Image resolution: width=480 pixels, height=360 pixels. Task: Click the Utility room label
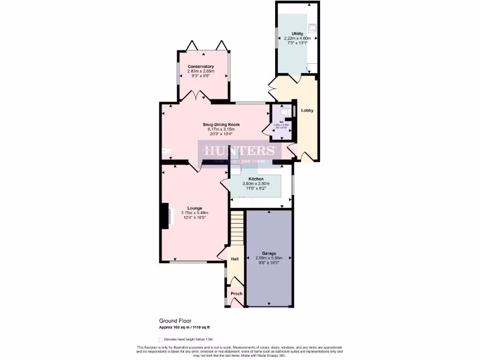[x=297, y=34]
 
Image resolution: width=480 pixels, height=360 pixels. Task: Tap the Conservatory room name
[x=201, y=67]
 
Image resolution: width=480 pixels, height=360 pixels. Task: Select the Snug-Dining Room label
[x=221, y=125]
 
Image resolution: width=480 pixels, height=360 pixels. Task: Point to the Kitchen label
[x=256, y=179]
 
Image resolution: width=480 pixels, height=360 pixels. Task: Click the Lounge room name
[x=195, y=208]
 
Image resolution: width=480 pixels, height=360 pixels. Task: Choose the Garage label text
[x=269, y=253]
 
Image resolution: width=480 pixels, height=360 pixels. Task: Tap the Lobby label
[x=307, y=111]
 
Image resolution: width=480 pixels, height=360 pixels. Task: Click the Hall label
[x=234, y=259]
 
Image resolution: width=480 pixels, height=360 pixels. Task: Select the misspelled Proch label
[x=237, y=294]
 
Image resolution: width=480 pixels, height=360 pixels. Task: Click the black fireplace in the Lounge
[x=165, y=217]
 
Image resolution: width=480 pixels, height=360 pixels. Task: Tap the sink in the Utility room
[x=313, y=27]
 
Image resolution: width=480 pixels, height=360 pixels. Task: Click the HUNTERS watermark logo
[x=240, y=151]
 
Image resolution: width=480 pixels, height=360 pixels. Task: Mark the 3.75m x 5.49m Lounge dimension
[x=195, y=213]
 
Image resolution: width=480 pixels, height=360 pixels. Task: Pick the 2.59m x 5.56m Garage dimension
[x=269, y=258]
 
